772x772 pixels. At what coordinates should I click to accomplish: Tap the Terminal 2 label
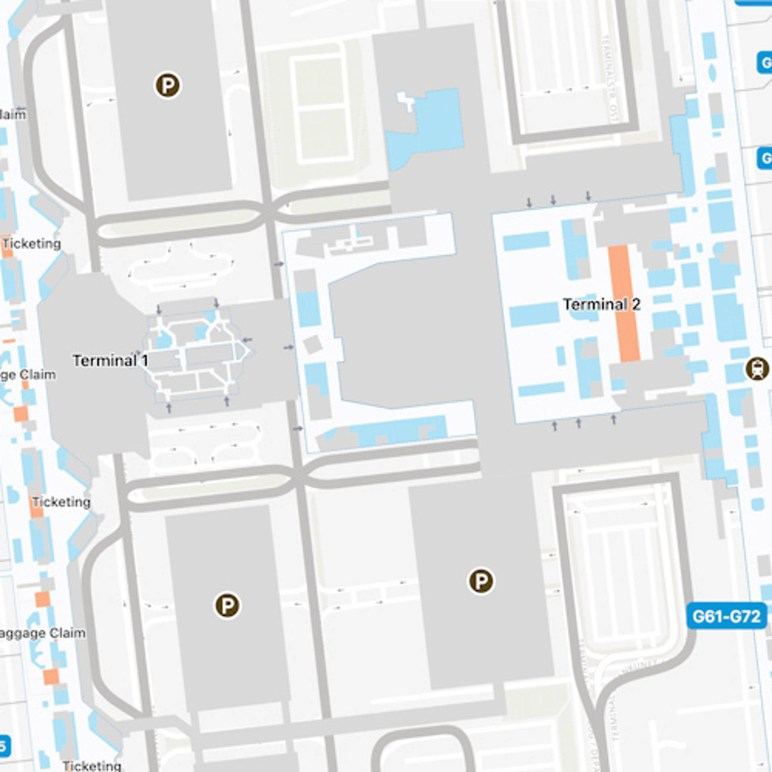pos(601,304)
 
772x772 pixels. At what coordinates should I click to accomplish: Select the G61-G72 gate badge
pos(726,616)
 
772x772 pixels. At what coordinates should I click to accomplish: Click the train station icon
pos(757,369)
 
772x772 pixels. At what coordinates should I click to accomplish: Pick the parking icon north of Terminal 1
pos(168,85)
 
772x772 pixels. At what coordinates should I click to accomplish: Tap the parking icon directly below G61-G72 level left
pos(481,581)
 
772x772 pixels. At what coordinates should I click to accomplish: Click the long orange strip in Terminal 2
pos(624,304)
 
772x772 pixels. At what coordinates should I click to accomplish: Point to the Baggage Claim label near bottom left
pos(42,633)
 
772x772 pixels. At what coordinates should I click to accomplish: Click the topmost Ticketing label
pos(32,244)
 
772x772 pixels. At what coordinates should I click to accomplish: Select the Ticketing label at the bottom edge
pos(92,766)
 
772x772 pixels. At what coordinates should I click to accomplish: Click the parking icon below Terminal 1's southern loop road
pos(227,605)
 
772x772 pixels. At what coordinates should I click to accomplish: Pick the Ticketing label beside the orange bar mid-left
pos(61,502)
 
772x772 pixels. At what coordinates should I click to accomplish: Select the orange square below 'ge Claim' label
pos(21,414)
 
